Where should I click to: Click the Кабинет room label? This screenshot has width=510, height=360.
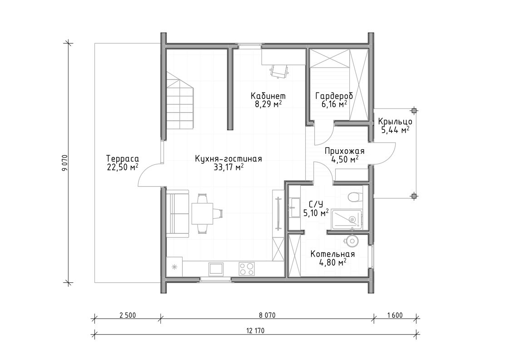[x=268, y=96]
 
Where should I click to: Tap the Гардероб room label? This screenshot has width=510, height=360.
[x=334, y=96]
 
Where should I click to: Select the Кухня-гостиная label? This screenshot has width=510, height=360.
[x=228, y=159]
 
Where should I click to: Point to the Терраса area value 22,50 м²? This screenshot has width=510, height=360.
[x=122, y=167]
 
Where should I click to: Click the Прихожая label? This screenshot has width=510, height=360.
[x=344, y=151]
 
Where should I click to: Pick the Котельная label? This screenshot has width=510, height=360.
[x=332, y=254]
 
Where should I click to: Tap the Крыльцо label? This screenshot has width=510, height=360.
[x=395, y=122]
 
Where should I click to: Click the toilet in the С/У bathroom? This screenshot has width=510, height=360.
[x=355, y=197]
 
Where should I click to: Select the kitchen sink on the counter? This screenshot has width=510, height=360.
[x=216, y=269]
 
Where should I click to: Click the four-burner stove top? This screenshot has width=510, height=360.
[x=247, y=269]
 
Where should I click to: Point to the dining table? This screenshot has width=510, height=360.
[x=202, y=213]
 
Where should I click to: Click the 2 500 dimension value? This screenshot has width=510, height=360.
[x=128, y=315]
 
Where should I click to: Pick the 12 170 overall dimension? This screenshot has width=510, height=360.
[x=255, y=331]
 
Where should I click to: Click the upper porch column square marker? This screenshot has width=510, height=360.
[x=414, y=111]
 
